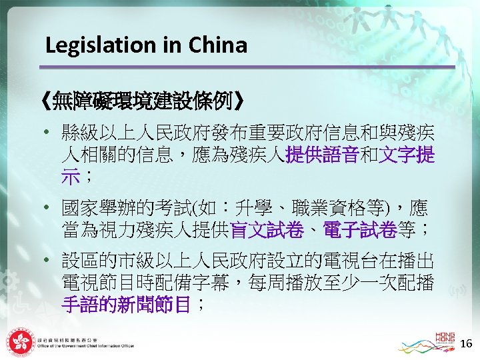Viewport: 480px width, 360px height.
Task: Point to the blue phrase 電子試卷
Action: [361, 231]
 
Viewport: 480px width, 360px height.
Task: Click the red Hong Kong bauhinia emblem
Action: [19, 342]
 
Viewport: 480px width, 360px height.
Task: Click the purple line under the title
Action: [247, 67]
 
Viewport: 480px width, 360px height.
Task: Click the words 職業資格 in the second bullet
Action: [333, 205]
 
